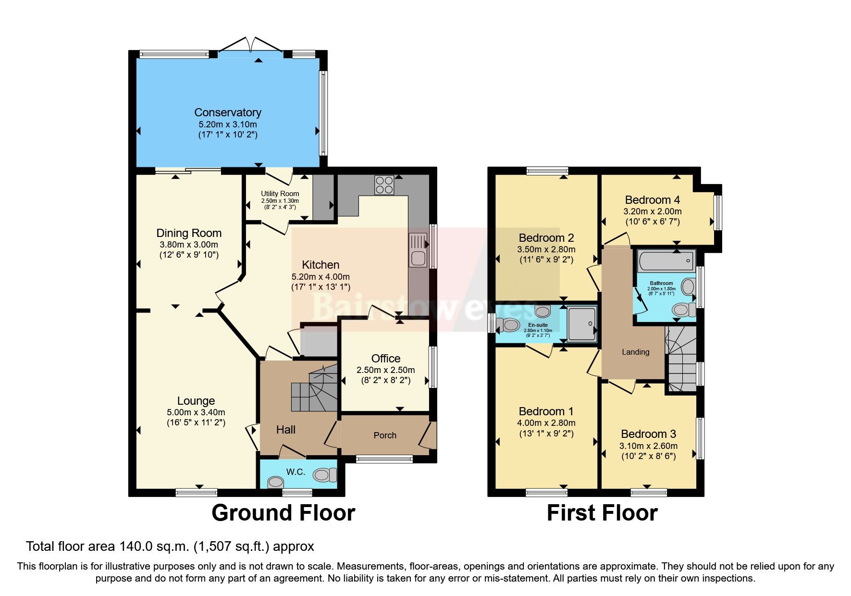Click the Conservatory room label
click(228, 112)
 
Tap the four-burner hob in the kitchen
click(384, 185)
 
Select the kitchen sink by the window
click(418, 250)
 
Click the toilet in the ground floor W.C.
click(325, 475)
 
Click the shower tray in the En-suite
click(582, 323)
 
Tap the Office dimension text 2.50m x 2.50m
click(385, 370)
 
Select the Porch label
click(385, 435)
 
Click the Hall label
click(285, 430)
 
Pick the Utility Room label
click(280, 194)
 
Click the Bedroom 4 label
click(652, 200)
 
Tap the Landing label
click(635, 352)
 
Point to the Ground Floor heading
click(283, 513)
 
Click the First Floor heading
click(602, 513)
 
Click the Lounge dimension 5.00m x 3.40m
click(196, 412)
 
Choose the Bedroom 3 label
click(648, 435)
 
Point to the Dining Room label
click(189, 234)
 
